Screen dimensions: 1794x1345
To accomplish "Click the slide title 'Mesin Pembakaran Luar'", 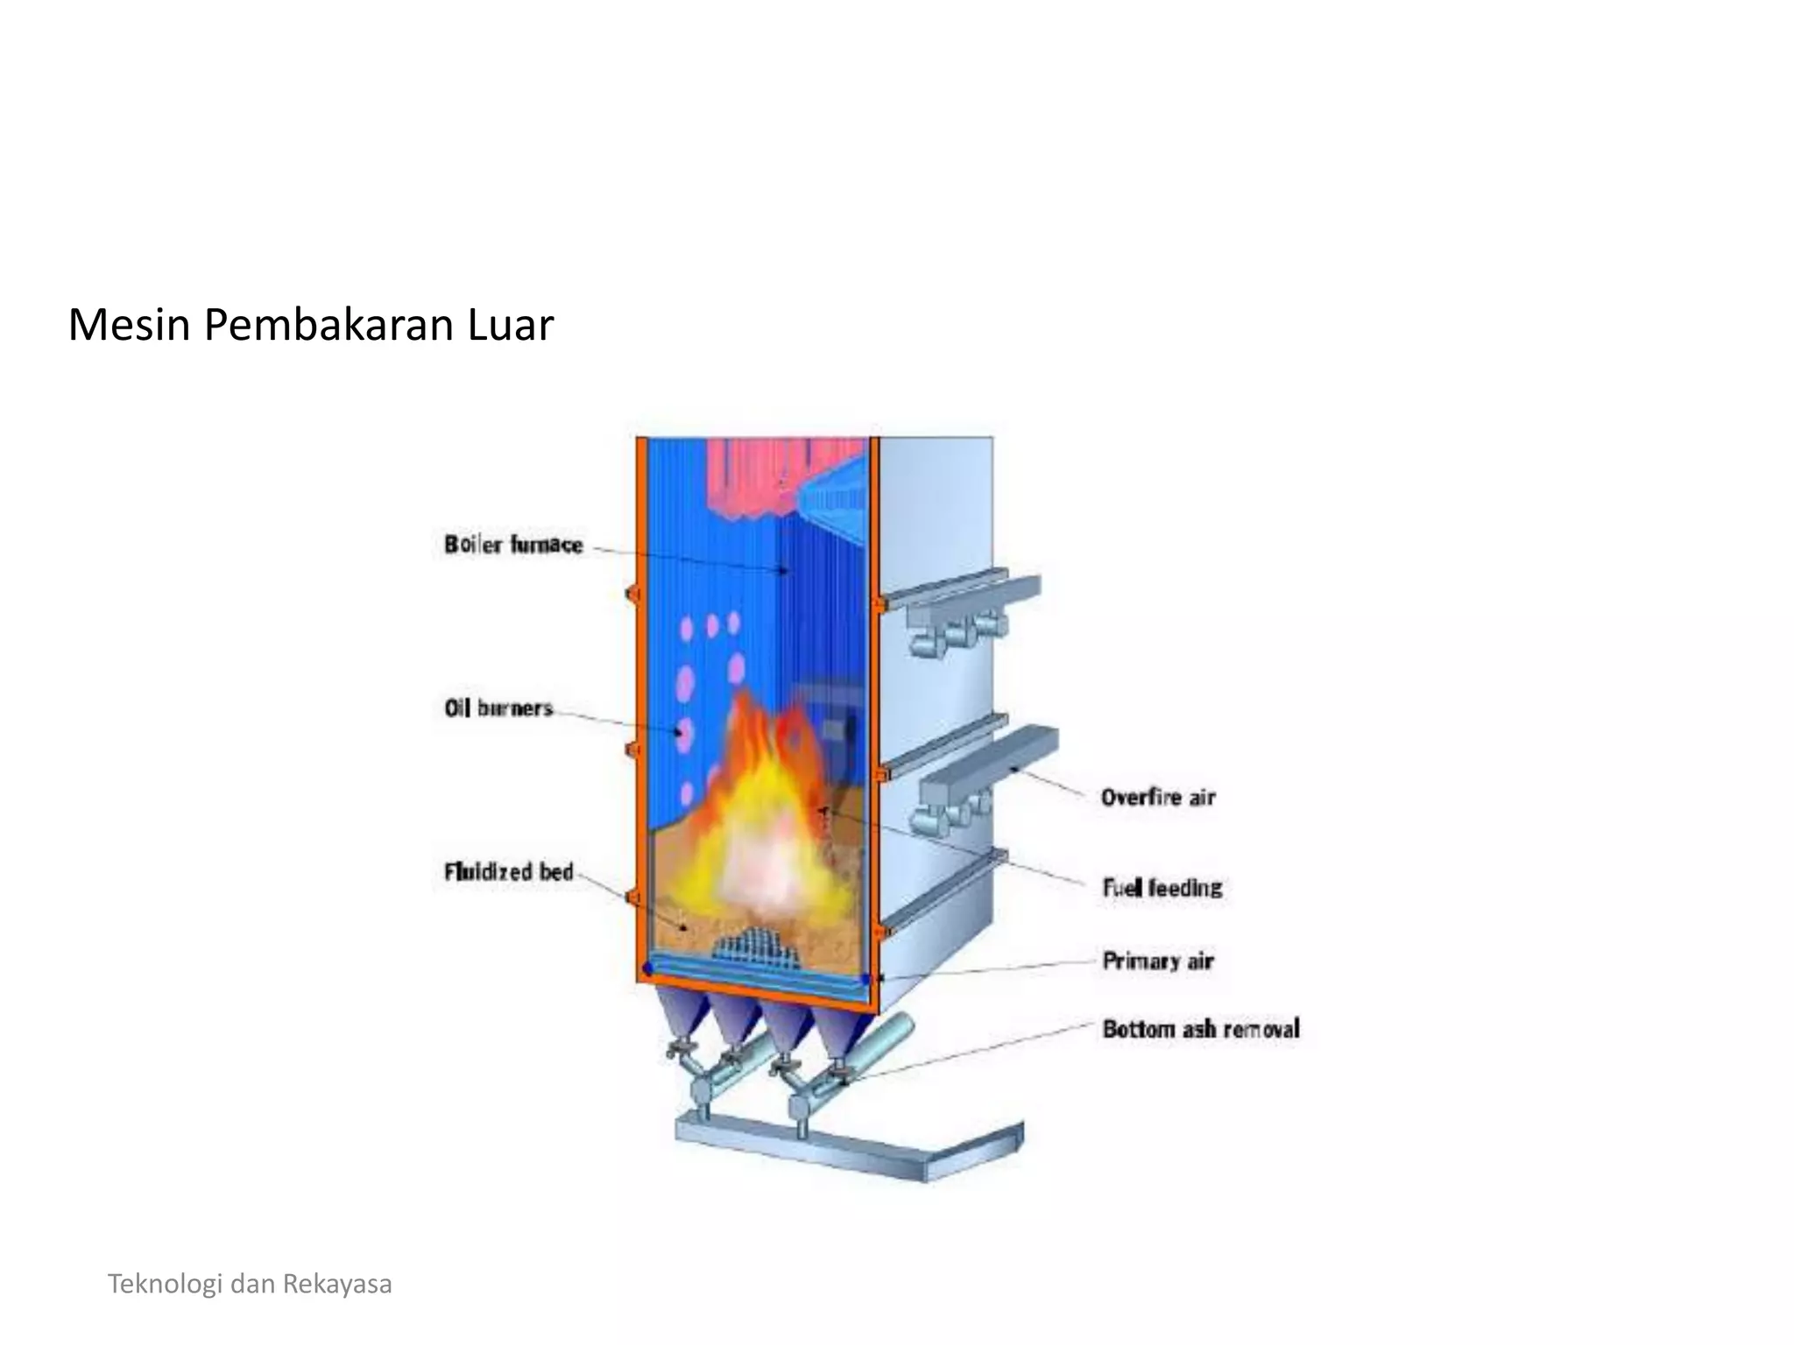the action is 311,325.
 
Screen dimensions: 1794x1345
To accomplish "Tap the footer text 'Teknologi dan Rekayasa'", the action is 250,1284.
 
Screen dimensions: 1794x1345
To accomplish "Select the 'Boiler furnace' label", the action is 513,545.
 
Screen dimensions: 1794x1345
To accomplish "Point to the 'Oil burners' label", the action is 498,708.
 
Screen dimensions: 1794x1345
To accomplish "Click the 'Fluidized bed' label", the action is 508,871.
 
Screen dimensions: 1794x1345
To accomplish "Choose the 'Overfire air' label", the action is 1158,797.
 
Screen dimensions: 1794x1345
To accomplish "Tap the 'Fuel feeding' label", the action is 1162,888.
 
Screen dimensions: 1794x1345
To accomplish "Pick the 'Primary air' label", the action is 1157,961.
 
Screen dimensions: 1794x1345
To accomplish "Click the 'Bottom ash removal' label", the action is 1200,1029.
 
